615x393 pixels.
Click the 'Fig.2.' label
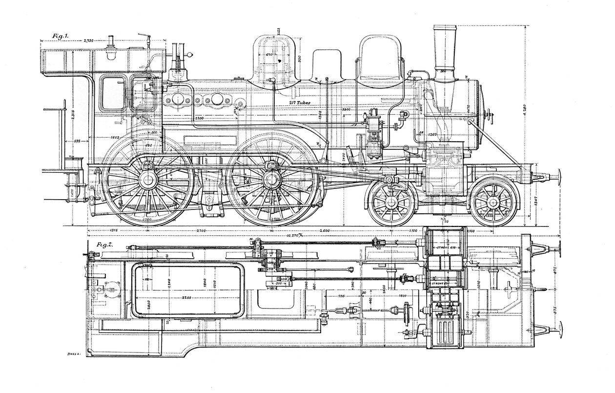105,245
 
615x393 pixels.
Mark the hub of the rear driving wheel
148,180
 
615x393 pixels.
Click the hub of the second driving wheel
271,180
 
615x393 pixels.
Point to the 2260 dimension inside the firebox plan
184,298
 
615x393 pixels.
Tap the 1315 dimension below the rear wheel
115,230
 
